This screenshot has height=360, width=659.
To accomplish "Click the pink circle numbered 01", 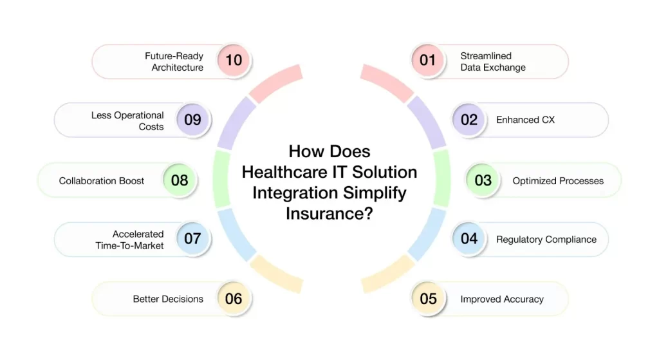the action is point(427,60).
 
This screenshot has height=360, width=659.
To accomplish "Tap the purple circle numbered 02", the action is point(469,120).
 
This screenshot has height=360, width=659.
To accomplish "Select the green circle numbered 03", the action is point(483,180).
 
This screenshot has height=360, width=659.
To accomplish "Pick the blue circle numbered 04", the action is point(469,239).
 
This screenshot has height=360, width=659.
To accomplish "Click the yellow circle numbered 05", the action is point(428,299).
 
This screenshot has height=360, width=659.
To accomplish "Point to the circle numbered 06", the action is point(234,299).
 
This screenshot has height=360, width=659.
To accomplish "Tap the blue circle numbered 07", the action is point(192,239).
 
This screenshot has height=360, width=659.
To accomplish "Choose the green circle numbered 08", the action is point(180,180).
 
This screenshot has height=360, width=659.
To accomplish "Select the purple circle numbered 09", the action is point(192,120).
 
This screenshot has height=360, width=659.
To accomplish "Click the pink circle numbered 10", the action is point(234,60).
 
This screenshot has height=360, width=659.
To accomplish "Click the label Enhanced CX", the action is point(525,120).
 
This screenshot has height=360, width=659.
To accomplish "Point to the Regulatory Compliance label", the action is point(546,240).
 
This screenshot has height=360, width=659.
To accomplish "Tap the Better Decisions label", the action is point(168,299).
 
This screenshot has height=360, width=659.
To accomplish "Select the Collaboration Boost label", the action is point(101,181).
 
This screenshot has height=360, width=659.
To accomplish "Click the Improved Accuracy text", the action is point(502,299).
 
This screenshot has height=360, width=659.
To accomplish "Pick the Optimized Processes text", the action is point(558,181).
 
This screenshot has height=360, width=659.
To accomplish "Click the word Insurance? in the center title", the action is point(329,213).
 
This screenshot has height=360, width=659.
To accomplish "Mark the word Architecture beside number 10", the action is point(178,67).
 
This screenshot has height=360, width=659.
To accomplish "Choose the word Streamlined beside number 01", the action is point(486,56).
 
